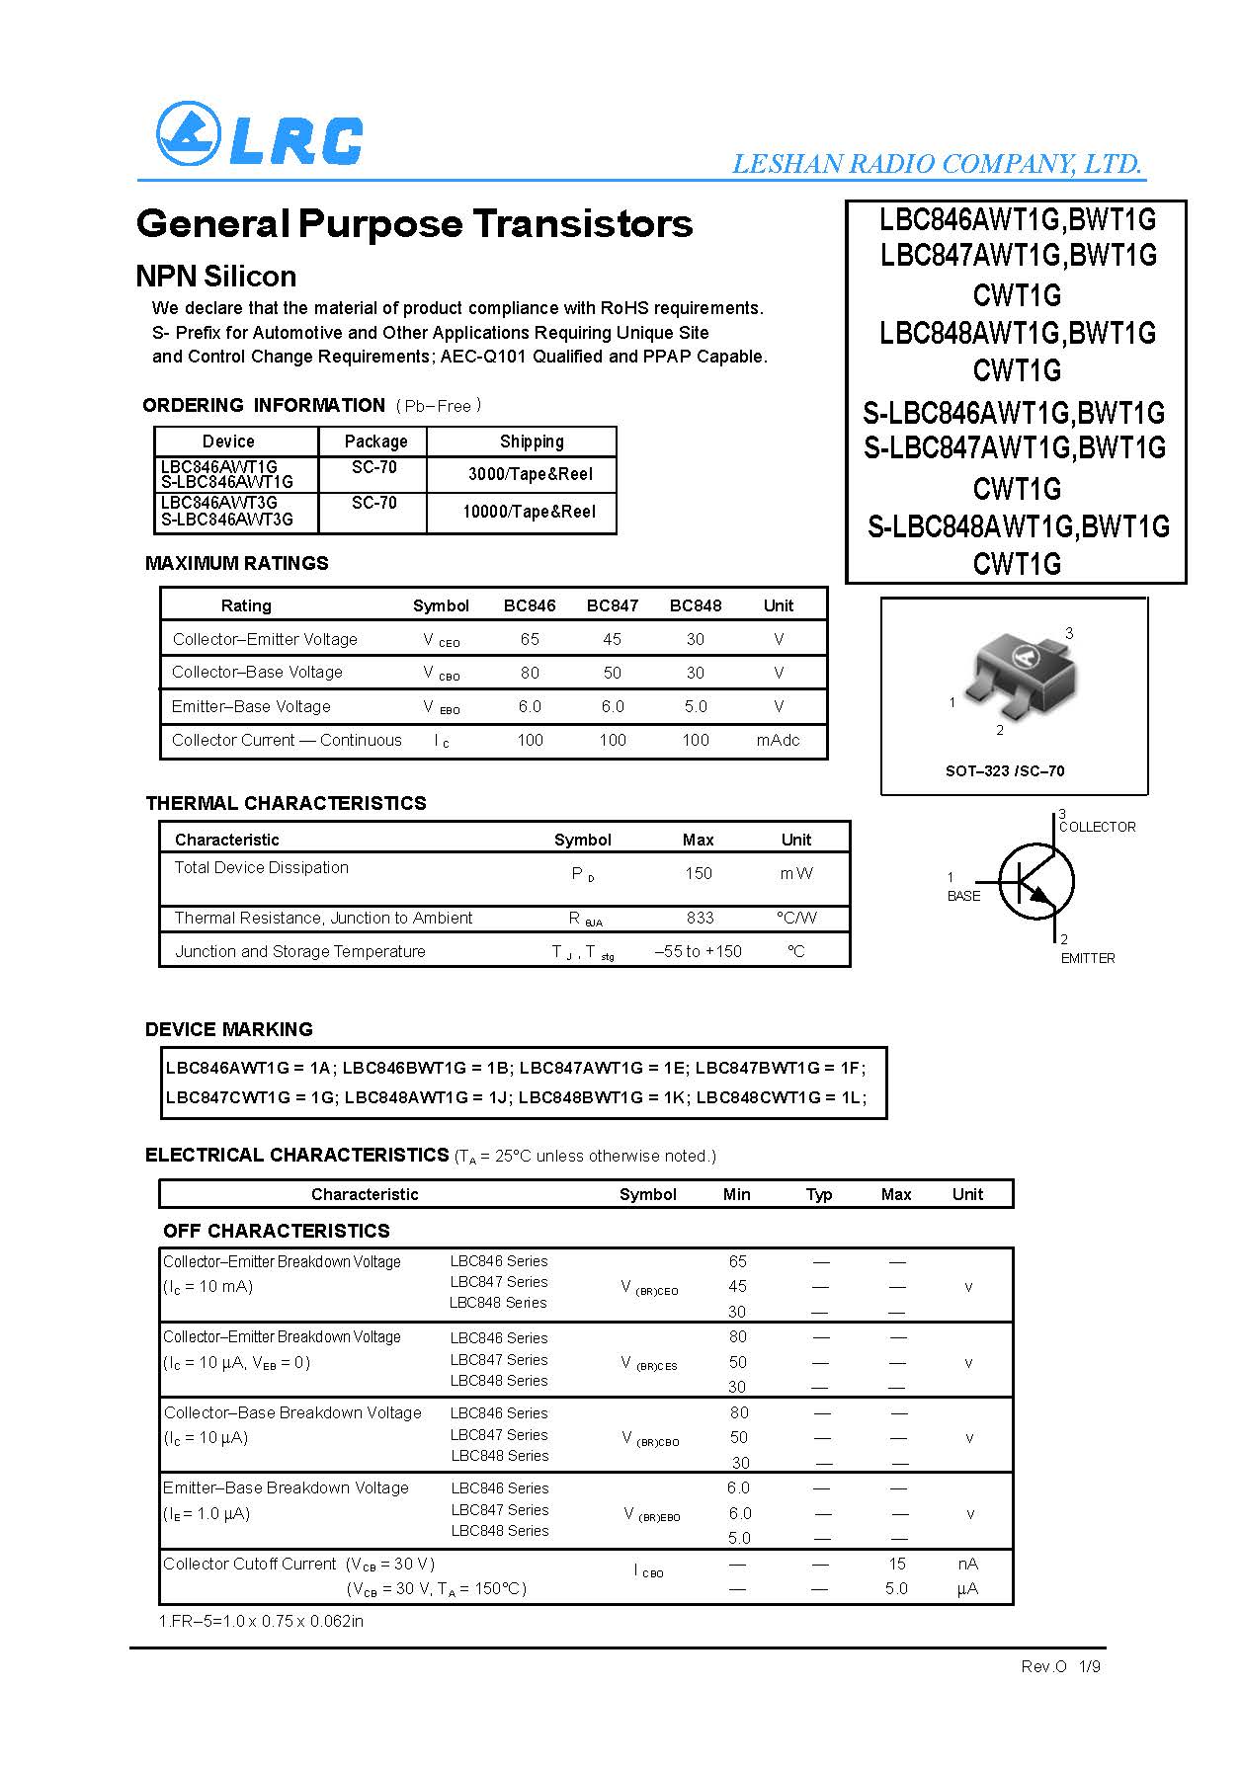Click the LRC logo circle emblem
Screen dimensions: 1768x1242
click(x=189, y=134)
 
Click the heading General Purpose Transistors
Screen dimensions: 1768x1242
click(x=414, y=223)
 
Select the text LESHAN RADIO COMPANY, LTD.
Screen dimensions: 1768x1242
click(x=937, y=163)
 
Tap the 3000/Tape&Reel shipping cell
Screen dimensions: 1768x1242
click(x=530, y=474)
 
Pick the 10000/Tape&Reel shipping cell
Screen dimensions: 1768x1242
click(x=529, y=512)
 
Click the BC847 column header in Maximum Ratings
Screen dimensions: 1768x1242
click(x=612, y=605)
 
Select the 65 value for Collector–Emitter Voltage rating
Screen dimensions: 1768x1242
click(x=530, y=639)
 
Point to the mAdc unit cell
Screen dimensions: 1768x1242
click(x=778, y=740)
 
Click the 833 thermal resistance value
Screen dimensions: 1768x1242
click(x=700, y=918)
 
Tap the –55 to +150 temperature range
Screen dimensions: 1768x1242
click(x=698, y=951)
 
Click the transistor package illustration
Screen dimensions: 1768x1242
click(x=1014, y=671)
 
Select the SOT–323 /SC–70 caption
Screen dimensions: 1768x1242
click(x=1005, y=770)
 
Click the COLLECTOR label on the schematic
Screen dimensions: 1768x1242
click(x=1097, y=827)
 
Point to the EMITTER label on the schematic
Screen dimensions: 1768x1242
click(x=1087, y=958)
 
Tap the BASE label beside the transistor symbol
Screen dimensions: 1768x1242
click(x=963, y=896)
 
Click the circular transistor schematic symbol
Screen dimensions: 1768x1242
click(x=1035, y=882)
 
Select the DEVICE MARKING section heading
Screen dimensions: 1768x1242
click(x=228, y=1029)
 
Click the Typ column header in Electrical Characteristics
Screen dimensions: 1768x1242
click(x=818, y=1194)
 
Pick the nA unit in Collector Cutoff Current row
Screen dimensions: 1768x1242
click(x=967, y=1564)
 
